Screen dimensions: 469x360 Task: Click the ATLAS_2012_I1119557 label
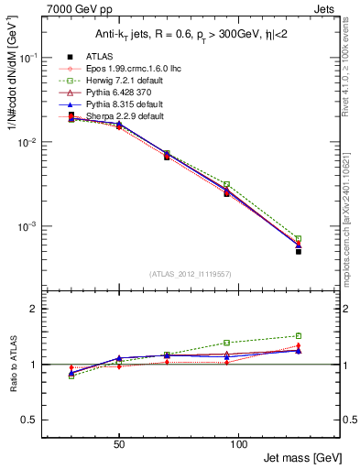tap(190, 274)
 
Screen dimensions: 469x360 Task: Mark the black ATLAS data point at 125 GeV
tap(299, 251)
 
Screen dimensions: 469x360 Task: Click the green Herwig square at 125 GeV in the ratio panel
tap(299, 336)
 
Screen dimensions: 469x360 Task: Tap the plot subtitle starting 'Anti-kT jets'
tap(190, 35)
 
